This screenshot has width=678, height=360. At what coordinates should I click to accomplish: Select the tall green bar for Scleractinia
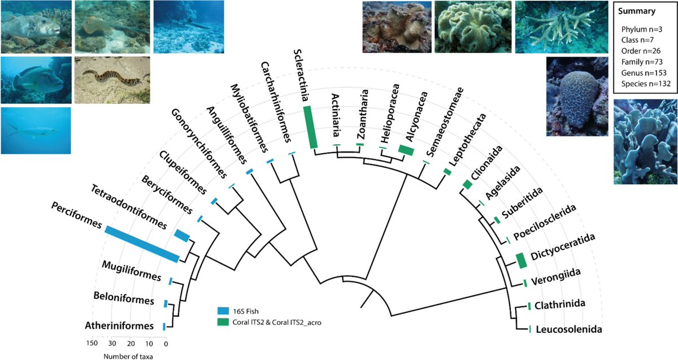(x=308, y=127)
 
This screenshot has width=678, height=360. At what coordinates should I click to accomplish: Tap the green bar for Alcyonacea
(x=406, y=150)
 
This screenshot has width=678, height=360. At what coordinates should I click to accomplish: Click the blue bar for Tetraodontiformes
(x=182, y=236)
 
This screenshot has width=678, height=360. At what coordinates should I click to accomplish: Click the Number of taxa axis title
(x=128, y=355)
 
